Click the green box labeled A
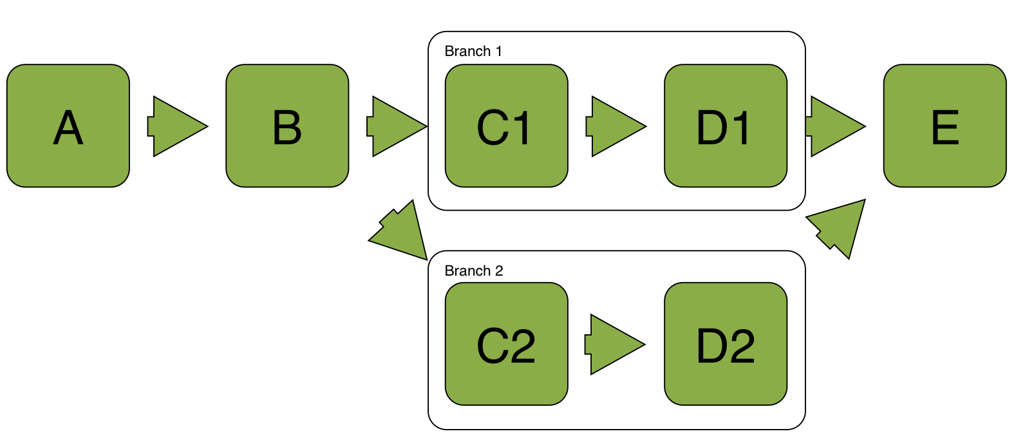coord(68,126)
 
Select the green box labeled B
coord(287,126)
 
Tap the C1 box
coord(506,126)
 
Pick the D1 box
coord(726,126)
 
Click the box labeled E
coord(945,126)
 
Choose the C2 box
coord(506,344)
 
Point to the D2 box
coord(726,344)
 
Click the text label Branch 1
coord(473,52)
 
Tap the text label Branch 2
coord(474,271)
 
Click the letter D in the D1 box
coord(711,128)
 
